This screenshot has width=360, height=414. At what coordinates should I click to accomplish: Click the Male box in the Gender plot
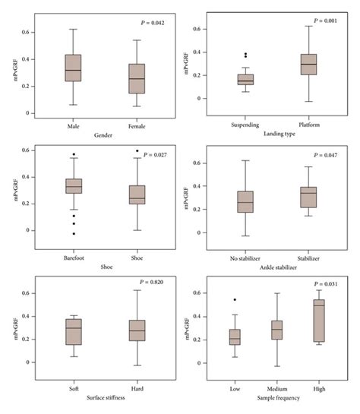[x=73, y=68]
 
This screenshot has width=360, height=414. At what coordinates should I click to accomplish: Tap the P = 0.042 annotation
[x=148, y=24]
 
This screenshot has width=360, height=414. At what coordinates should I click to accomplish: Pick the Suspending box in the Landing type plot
[x=245, y=79]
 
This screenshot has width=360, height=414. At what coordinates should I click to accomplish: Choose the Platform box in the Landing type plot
[x=309, y=65]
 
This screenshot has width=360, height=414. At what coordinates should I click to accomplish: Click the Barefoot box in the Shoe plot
[x=73, y=186]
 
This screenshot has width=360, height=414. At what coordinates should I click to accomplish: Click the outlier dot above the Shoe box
[x=137, y=151]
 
